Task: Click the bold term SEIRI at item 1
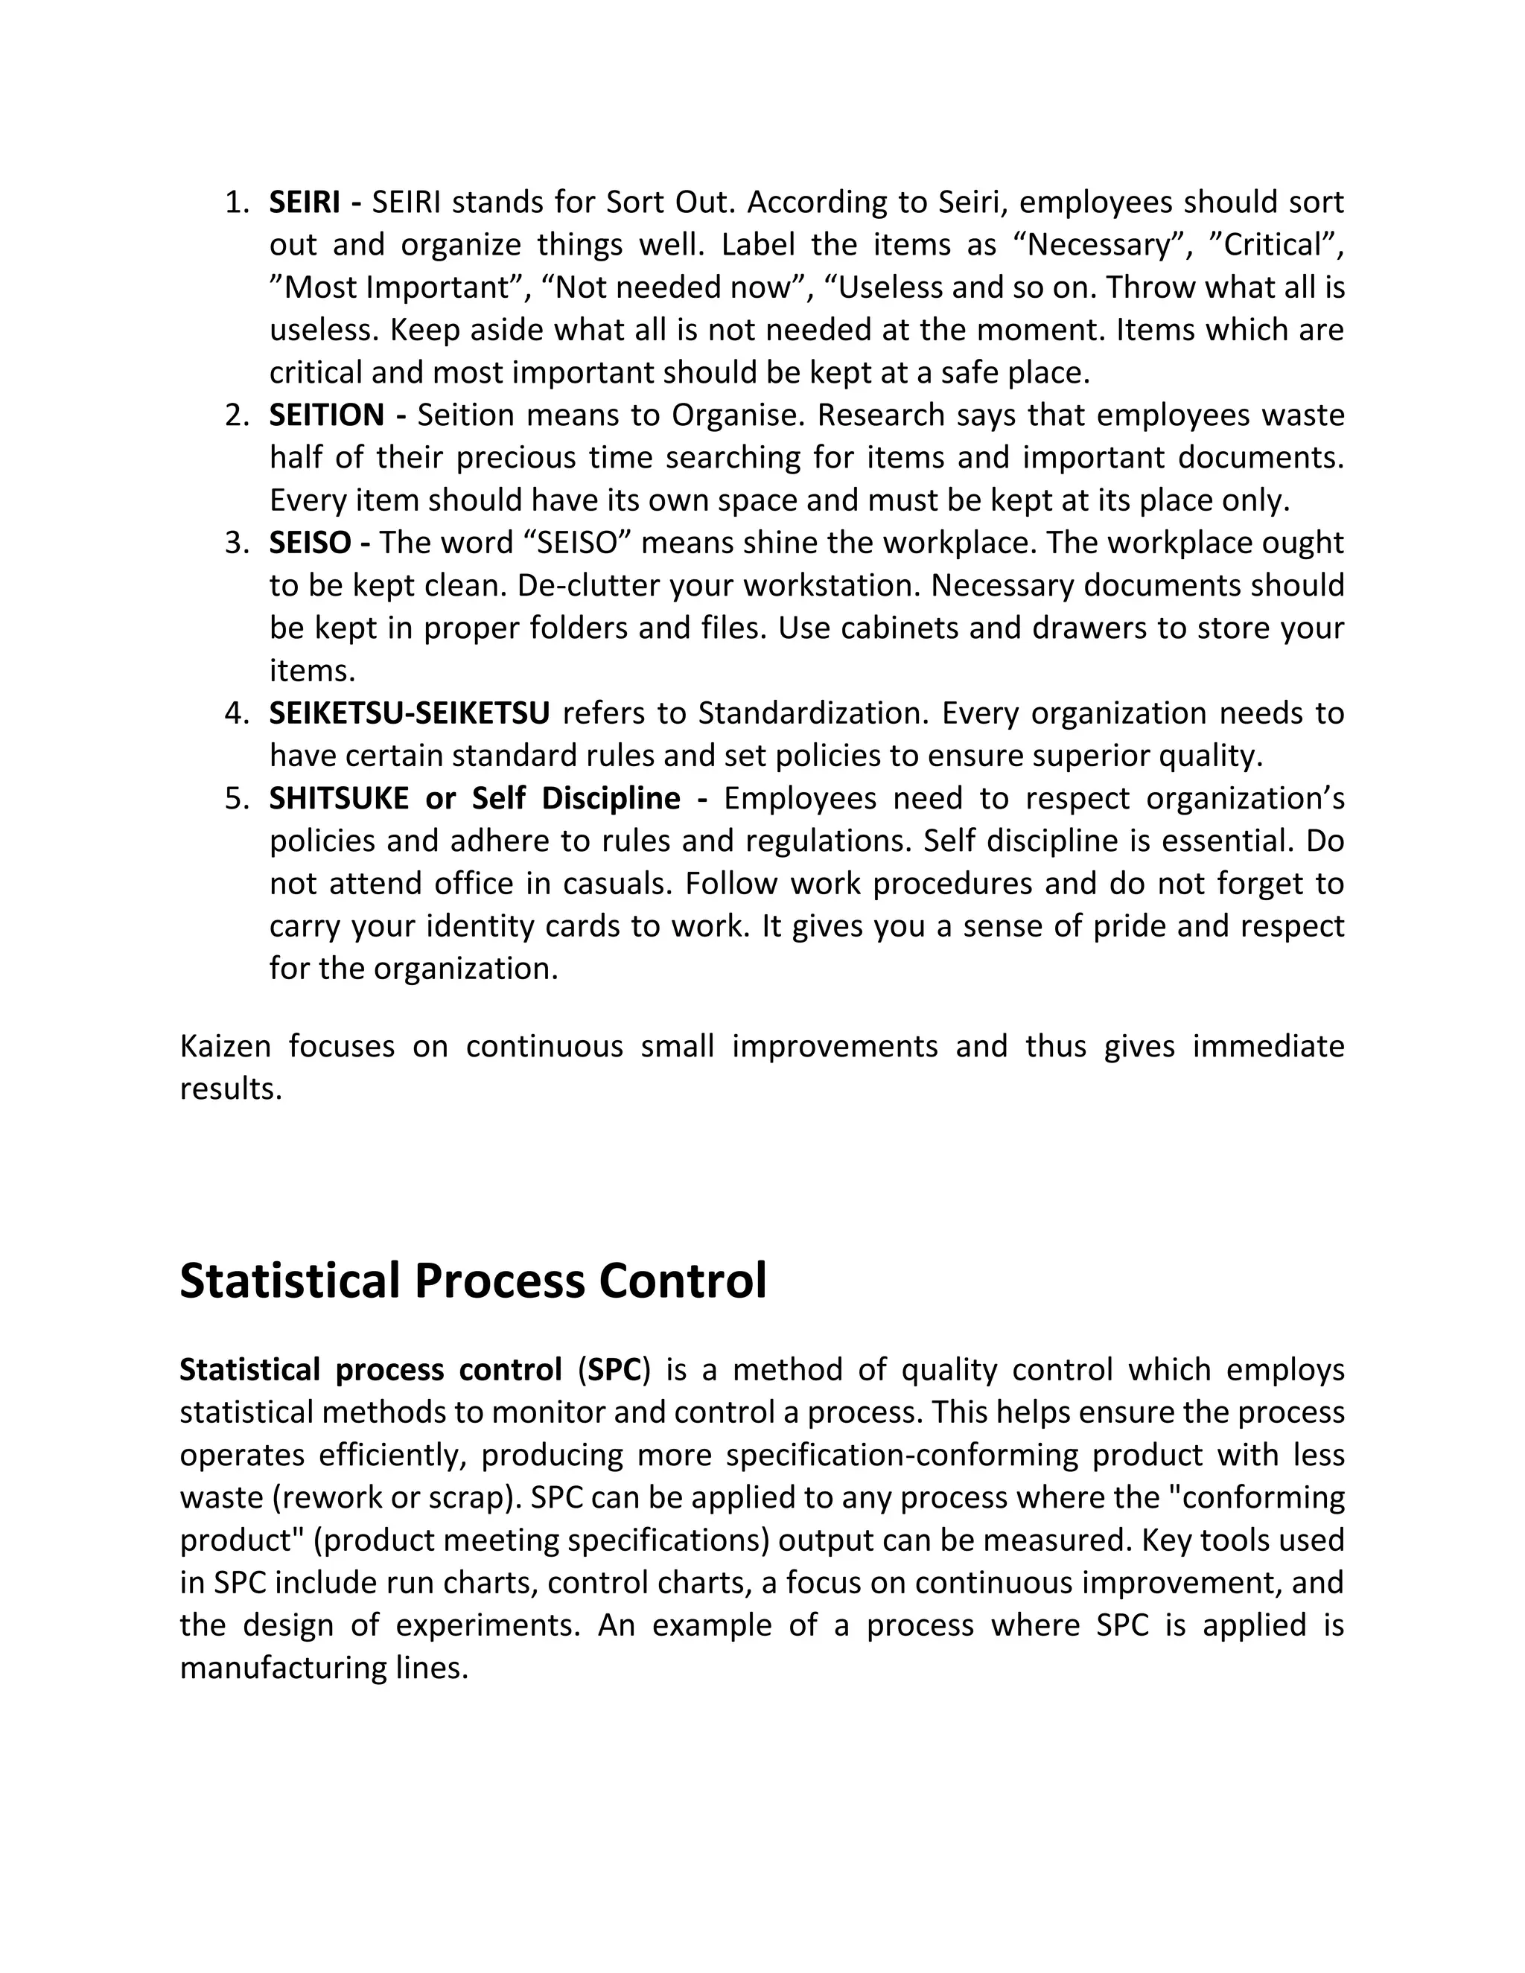[x=305, y=203]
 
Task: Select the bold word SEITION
[x=326, y=415]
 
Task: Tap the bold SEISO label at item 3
[x=309, y=543]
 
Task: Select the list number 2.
[x=237, y=415]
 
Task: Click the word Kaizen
[x=225, y=1046]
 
